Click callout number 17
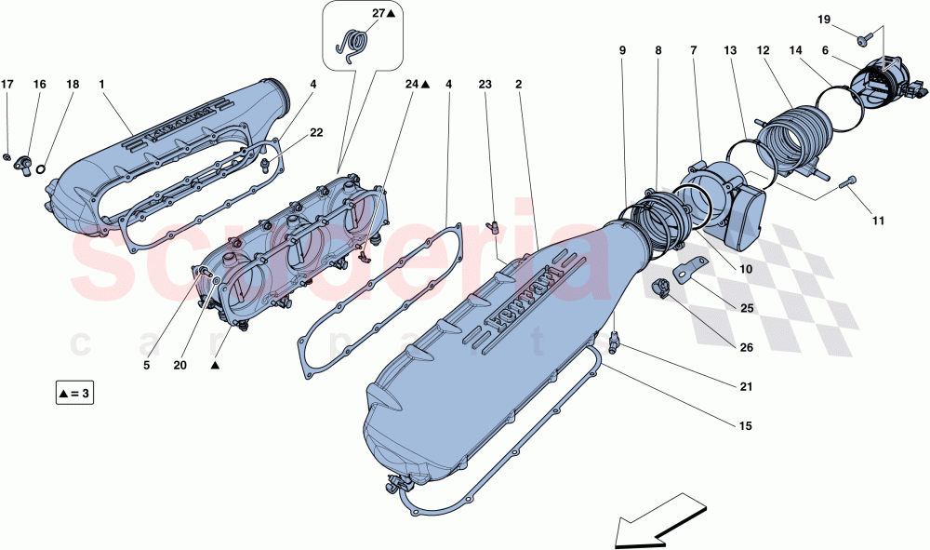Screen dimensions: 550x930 click(7, 85)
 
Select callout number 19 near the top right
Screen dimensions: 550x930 click(824, 20)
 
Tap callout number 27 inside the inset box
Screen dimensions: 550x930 click(378, 14)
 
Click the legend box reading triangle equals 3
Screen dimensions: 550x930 click(74, 394)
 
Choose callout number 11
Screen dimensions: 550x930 click(878, 221)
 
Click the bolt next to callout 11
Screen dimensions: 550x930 click(847, 183)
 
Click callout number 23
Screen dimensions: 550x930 click(485, 85)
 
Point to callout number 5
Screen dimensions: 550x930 click(146, 366)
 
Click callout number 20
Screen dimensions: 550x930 click(179, 366)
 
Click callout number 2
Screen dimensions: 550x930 click(518, 85)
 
